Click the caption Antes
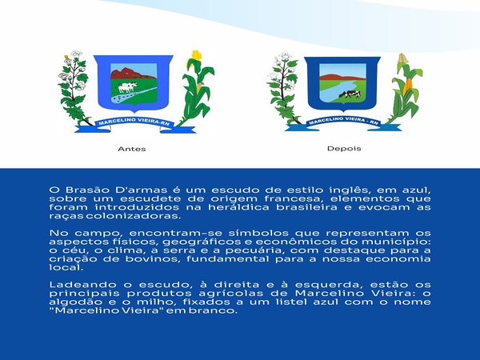[132, 149]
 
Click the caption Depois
[344, 149]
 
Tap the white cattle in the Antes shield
[126, 87]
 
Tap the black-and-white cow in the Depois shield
[350, 94]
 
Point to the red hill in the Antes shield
[130, 74]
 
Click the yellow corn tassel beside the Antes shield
[196, 55]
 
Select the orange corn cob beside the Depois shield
[407, 86]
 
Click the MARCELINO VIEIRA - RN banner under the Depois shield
[343, 122]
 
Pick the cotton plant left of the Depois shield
[284, 89]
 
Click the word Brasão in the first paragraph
[86, 190]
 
